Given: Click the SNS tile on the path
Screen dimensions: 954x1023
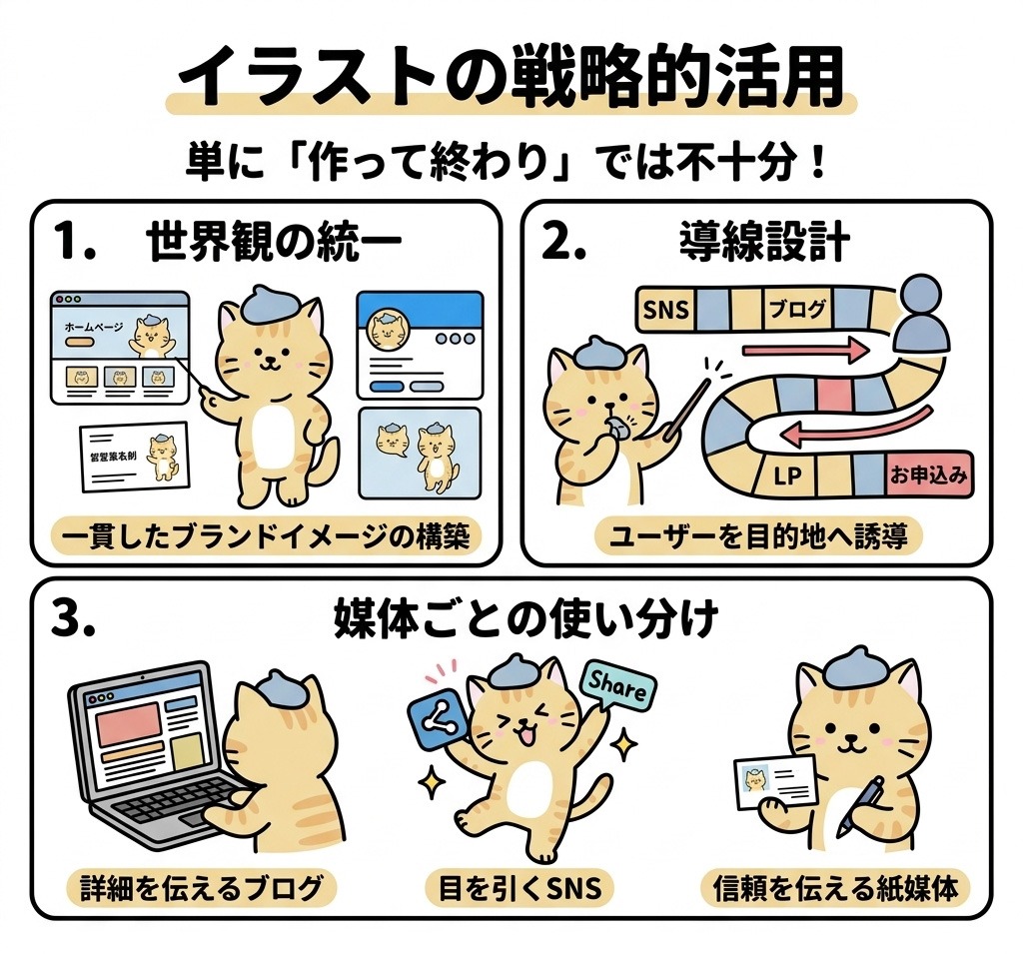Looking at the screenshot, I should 666,310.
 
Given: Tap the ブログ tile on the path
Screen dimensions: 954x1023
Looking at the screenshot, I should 798,310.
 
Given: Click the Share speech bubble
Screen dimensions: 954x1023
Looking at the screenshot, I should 618,686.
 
